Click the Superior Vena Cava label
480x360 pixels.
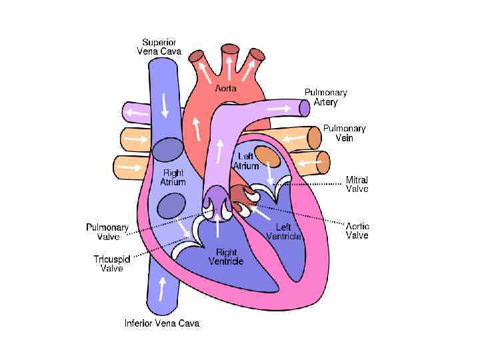(157, 45)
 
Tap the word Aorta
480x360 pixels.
(225, 88)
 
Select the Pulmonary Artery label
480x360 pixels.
(325, 97)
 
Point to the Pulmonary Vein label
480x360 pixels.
(344, 133)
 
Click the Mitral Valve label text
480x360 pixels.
(357, 185)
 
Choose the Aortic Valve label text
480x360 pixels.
(357, 231)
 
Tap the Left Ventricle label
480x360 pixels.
(283, 231)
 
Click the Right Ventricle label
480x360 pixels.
(225, 257)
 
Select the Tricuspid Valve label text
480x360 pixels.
(111, 264)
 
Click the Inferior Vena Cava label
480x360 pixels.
(162, 323)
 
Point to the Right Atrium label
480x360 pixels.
(172, 177)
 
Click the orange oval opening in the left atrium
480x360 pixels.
(267, 156)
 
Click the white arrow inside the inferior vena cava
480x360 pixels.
(161, 289)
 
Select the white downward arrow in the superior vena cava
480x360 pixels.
(164, 105)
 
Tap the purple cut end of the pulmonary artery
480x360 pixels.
(303, 106)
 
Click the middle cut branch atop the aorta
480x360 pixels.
(231, 49)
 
